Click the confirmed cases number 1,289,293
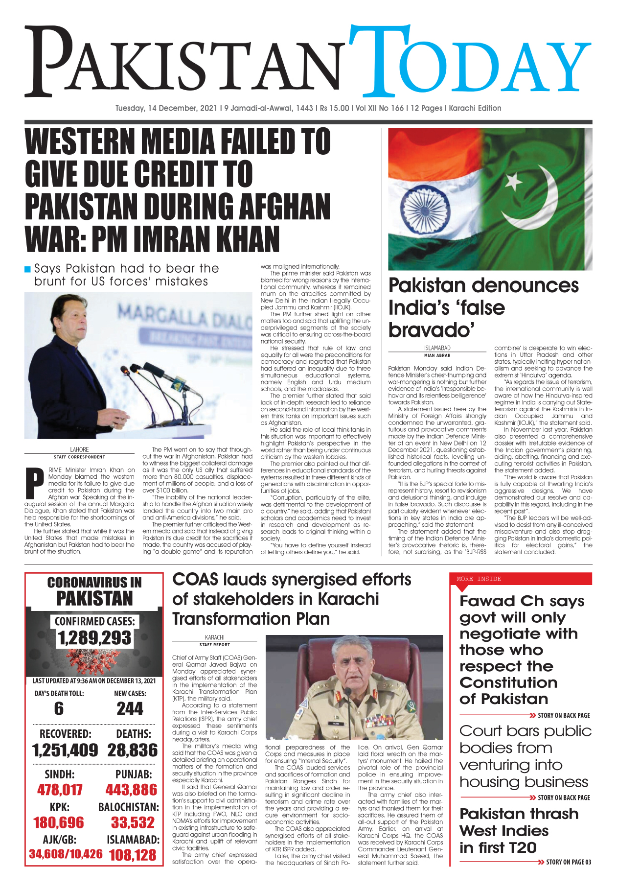(94, 638)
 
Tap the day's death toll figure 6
(59, 708)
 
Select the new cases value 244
(130, 708)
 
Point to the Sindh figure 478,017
(60, 790)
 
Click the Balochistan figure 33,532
(133, 822)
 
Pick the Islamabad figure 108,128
(133, 855)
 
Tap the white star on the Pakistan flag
(513, 183)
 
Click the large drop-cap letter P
(34, 482)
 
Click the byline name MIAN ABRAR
(437, 355)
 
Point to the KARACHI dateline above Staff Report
(214, 637)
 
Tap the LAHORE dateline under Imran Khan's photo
(79, 449)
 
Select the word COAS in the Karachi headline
(195, 580)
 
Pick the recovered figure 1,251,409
(65, 750)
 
